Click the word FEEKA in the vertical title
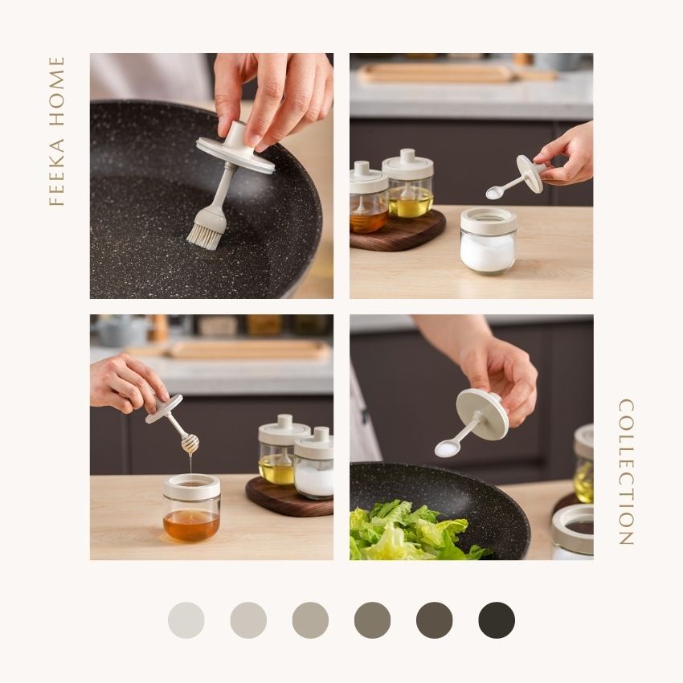56,172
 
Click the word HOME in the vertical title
56,91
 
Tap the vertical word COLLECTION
626,472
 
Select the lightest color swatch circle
186,620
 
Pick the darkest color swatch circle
497,620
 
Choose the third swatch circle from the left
310,620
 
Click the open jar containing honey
191,508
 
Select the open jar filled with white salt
488,240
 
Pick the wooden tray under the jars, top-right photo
397,231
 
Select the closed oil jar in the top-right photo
407,184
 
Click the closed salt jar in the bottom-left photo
313,463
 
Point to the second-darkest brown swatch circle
434,620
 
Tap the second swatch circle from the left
248,620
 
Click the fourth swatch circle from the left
372,620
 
